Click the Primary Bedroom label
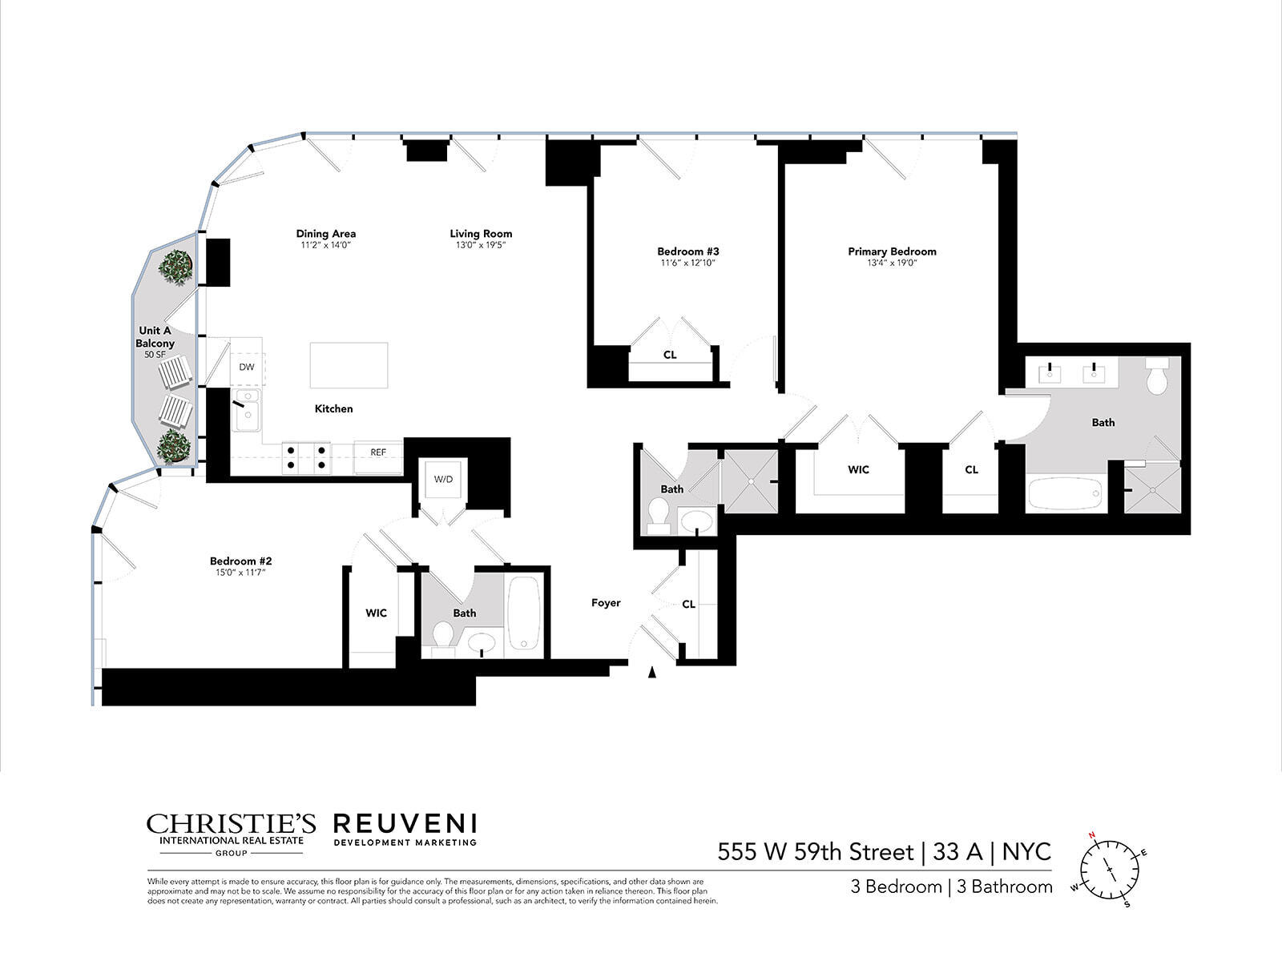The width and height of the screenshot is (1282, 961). [892, 251]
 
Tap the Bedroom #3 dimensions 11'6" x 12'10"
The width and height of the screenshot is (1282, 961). [687, 263]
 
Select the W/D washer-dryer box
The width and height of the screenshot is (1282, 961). [443, 480]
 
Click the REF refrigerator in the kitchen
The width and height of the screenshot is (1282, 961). [378, 452]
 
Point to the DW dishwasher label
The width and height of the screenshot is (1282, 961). [247, 368]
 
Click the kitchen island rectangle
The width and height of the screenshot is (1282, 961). [349, 366]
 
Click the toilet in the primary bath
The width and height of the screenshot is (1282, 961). [1158, 376]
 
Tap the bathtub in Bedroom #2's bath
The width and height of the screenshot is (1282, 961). [525, 613]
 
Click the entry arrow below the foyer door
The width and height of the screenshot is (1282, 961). [652, 674]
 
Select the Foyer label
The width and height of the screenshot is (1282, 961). [606, 603]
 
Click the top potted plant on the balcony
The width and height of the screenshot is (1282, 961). [175, 266]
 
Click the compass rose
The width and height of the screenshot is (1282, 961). [1110, 870]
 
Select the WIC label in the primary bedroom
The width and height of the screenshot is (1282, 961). [858, 470]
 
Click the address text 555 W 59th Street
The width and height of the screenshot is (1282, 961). [815, 851]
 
